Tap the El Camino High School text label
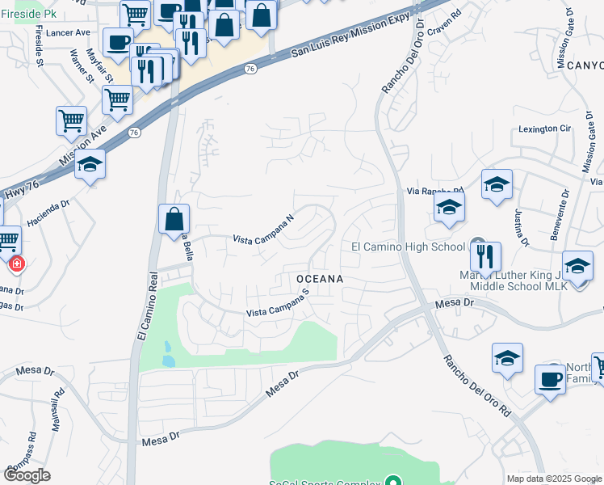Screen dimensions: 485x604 tap(408, 247)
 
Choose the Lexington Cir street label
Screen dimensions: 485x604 tap(544, 129)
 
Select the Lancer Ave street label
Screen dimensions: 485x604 tap(69, 32)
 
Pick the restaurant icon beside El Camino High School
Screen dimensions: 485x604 tap(485, 256)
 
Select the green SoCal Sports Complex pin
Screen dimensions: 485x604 tap(394, 483)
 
